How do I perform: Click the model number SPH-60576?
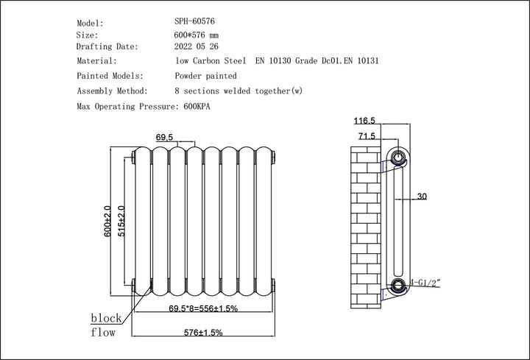point(194,23)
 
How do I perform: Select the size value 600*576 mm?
point(197,35)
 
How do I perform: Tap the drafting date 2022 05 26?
point(197,46)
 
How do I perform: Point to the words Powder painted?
point(205,76)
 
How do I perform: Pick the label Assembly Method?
point(113,91)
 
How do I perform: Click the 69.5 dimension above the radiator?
point(165,138)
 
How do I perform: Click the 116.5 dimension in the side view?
point(364,120)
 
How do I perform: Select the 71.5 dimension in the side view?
point(367,136)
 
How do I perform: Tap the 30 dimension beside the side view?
point(421,197)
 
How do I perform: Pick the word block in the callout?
point(105,318)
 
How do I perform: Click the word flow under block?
point(103,333)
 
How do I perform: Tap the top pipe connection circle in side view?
point(398,157)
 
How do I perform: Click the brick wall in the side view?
point(366,221)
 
